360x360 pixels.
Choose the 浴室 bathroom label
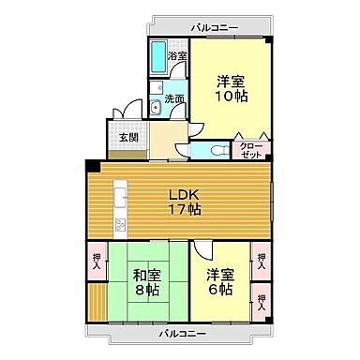point(177,56)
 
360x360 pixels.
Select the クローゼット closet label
point(251,151)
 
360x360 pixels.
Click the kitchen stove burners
point(119,225)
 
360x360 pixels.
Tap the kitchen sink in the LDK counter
point(119,198)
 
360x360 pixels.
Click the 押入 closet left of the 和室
point(97,260)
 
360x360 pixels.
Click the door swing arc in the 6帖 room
point(207,253)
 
